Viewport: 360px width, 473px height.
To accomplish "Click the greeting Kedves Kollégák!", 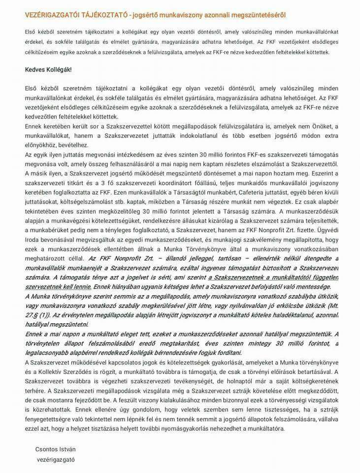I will click(48, 69).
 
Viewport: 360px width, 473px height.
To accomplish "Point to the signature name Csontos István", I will click(56, 449).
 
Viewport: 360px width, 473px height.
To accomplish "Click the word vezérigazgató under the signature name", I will click(56, 459).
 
